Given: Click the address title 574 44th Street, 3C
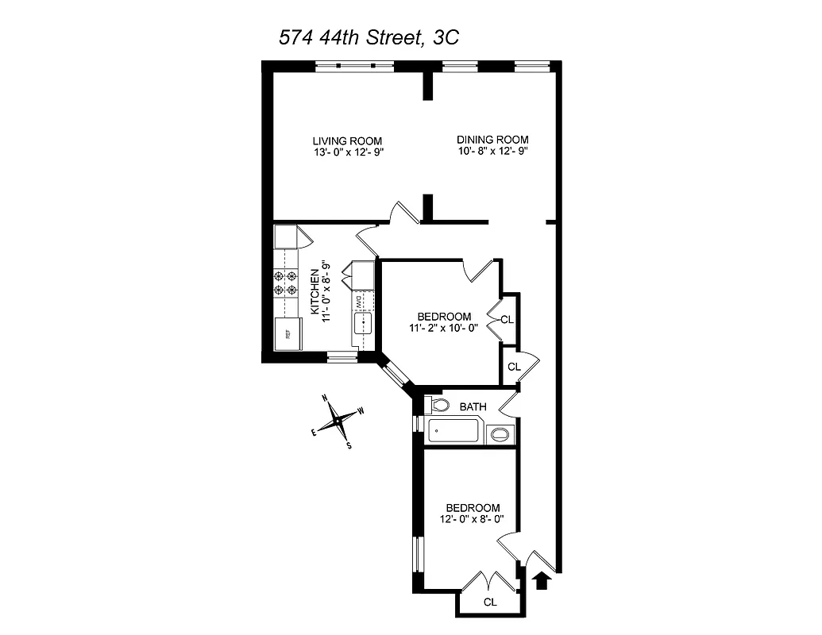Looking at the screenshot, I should [x=369, y=39].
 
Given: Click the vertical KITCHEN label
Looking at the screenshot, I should [x=315, y=290].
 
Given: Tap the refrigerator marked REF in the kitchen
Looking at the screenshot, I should [x=286, y=333].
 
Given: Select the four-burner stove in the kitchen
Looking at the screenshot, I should [x=284, y=283].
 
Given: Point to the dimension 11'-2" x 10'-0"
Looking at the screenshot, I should [x=443, y=327].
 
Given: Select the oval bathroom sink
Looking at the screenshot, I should [x=500, y=434].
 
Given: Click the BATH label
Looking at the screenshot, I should [x=473, y=407].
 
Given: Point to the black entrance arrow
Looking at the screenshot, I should [x=542, y=581].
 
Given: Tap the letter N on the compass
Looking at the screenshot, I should [x=324, y=398].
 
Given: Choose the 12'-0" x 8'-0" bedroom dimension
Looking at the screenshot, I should [x=472, y=520].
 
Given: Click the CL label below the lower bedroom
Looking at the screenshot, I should [x=490, y=602].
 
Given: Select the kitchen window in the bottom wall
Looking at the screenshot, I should [x=342, y=358].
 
